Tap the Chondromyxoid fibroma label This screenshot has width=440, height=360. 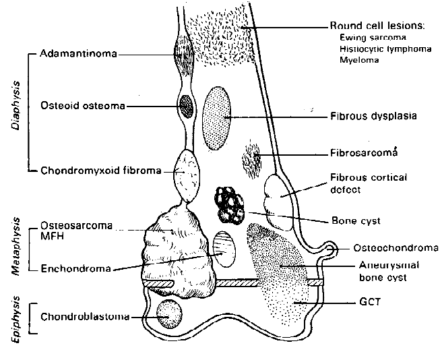[x=100, y=171]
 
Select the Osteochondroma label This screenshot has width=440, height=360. [x=390, y=249]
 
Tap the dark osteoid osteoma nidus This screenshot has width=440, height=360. [x=185, y=105]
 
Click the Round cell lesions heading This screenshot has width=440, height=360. [x=377, y=26]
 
